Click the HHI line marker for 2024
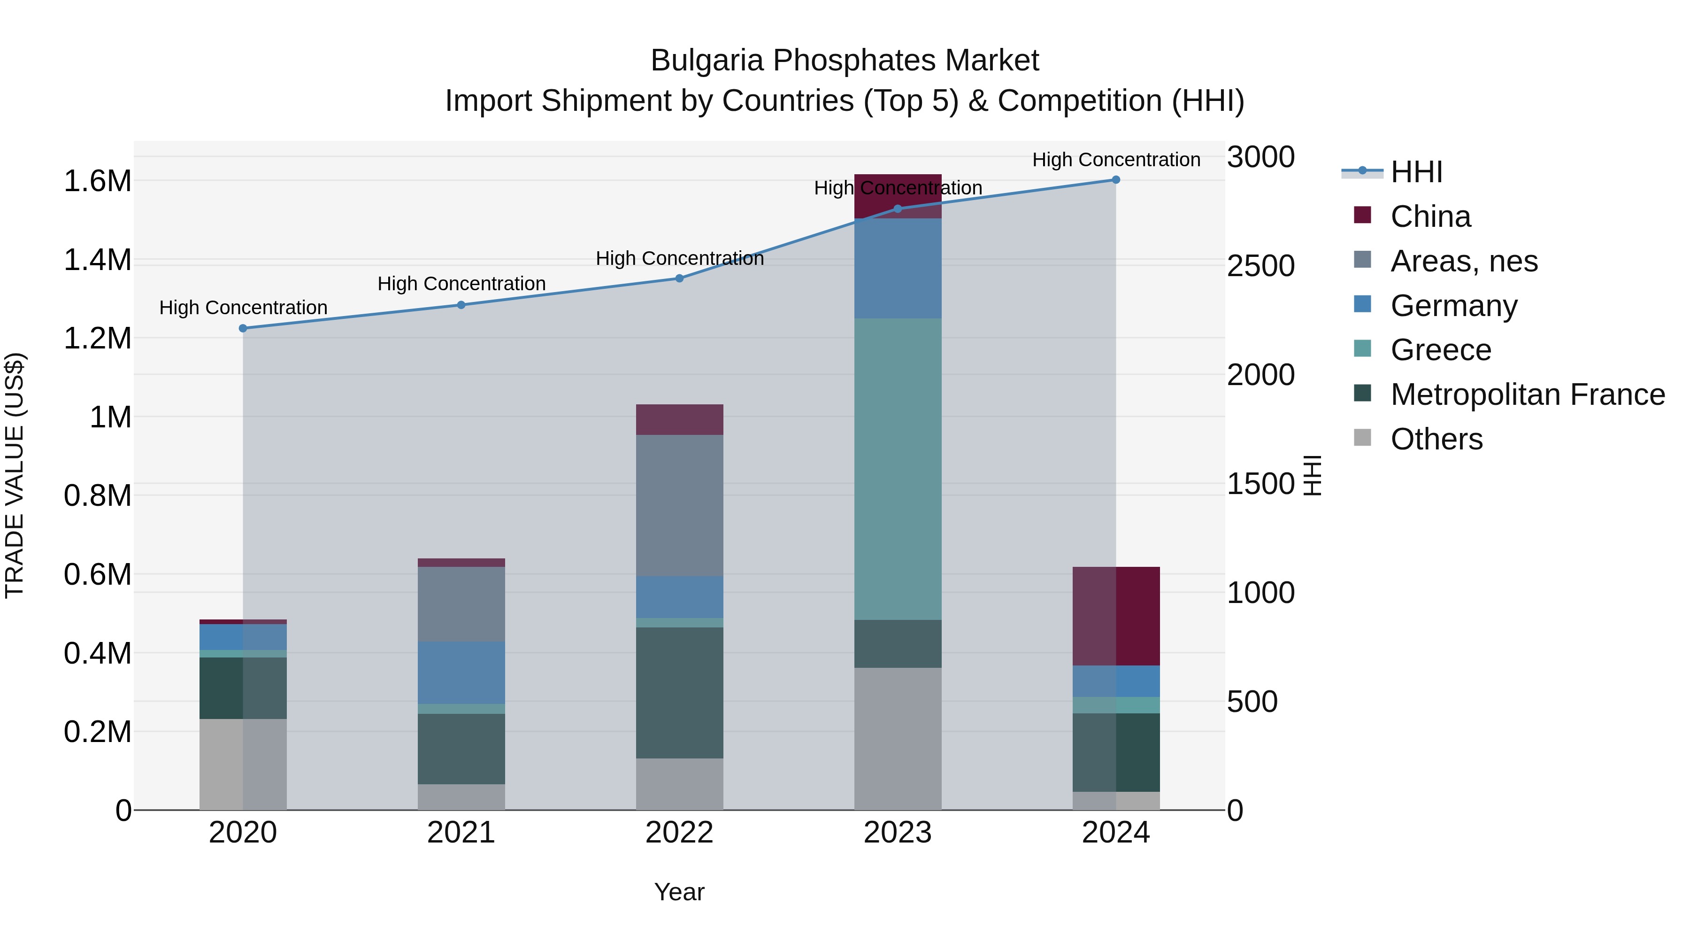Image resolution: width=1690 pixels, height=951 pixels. pos(1116,180)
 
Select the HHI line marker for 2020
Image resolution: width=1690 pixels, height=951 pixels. pos(243,328)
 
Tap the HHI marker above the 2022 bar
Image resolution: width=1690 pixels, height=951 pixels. pos(680,278)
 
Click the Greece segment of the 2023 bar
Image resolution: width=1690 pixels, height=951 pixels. pos(898,469)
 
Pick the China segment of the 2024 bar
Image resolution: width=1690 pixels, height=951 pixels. pos(1116,616)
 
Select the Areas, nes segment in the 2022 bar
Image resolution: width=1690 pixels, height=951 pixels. pos(680,505)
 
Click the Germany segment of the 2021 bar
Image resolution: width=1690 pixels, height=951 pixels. pos(461,673)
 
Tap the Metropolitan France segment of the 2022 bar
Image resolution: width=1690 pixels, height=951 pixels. pos(680,692)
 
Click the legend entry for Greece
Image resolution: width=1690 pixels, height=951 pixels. pos(1441,350)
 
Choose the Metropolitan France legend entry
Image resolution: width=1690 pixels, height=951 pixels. pos(1527,394)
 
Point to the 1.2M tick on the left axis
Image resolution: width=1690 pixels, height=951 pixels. pos(98,339)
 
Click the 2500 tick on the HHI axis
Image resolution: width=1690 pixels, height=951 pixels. pos(1260,266)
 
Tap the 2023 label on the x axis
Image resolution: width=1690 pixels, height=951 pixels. pos(898,833)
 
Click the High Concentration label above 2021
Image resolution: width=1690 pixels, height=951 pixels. pos(461,284)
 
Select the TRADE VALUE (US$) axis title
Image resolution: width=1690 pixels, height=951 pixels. pos(15,475)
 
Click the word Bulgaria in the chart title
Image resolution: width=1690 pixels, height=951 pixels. pos(707,61)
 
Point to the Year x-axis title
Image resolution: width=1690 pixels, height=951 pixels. pos(679,892)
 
